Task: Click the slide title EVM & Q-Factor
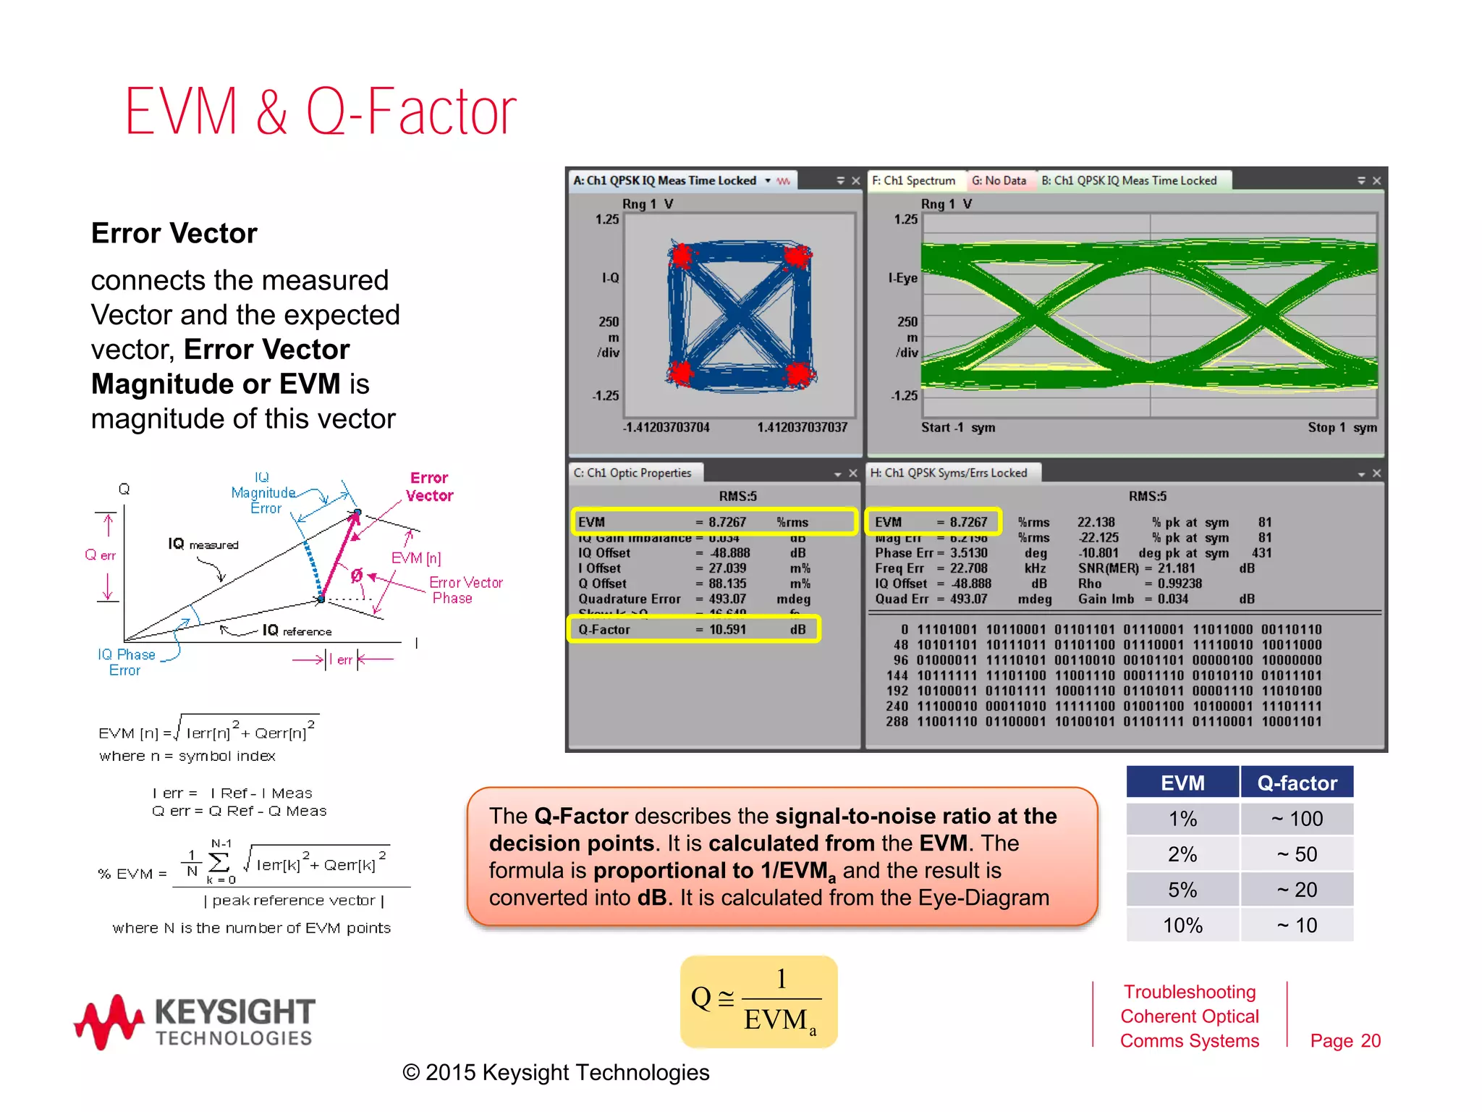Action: (x=321, y=112)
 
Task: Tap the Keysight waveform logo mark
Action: (x=109, y=1021)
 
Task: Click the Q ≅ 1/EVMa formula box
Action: (x=758, y=1002)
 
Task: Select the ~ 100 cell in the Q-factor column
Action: (x=1297, y=819)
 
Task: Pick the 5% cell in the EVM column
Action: (x=1182, y=890)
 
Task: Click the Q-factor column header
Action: (x=1297, y=783)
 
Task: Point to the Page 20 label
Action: (x=1345, y=1040)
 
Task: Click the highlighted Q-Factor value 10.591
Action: (x=727, y=629)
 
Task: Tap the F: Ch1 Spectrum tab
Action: (x=913, y=180)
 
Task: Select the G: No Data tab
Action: (x=999, y=180)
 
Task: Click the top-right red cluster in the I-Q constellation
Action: (x=797, y=256)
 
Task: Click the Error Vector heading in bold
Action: (x=174, y=233)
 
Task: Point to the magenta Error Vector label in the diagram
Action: (x=429, y=486)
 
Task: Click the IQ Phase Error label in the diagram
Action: (x=126, y=662)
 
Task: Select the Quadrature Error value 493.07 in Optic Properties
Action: (x=727, y=599)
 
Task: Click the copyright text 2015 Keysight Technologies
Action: (x=556, y=1072)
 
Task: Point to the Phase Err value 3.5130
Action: (x=968, y=553)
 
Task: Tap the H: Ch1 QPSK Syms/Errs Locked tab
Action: (x=948, y=473)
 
